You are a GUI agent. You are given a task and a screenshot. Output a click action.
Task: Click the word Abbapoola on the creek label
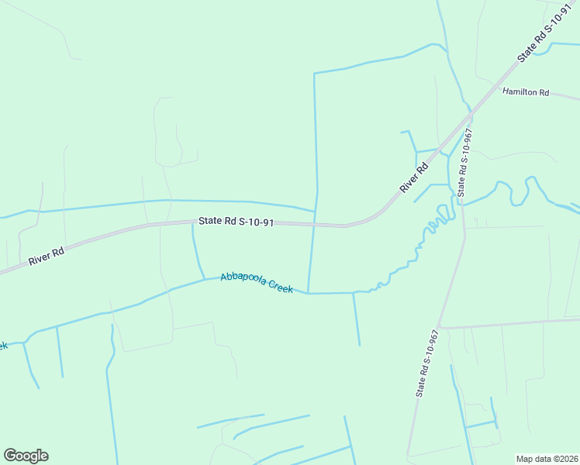pyautogui.click(x=243, y=279)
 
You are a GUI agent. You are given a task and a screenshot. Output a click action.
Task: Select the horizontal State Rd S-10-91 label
pyautogui.click(x=236, y=222)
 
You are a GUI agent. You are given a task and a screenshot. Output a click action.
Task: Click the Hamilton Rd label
pyautogui.click(x=525, y=92)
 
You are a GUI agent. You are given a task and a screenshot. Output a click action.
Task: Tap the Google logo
pyautogui.click(x=26, y=455)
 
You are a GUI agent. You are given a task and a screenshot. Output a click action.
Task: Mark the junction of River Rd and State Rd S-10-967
pyautogui.click(x=470, y=116)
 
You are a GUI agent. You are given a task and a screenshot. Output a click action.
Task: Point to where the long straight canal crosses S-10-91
pyautogui.click(x=314, y=226)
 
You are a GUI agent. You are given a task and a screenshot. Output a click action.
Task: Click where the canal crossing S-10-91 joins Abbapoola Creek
pyautogui.click(x=309, y=294)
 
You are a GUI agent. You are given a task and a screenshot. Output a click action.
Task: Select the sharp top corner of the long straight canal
pyautogui.click(x=314, y=74)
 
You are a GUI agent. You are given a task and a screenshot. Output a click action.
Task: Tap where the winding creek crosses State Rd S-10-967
pyautogui.click(x=463, y=203)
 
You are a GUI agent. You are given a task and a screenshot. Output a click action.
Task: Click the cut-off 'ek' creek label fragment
pyautogui.click(x=3, y=345)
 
